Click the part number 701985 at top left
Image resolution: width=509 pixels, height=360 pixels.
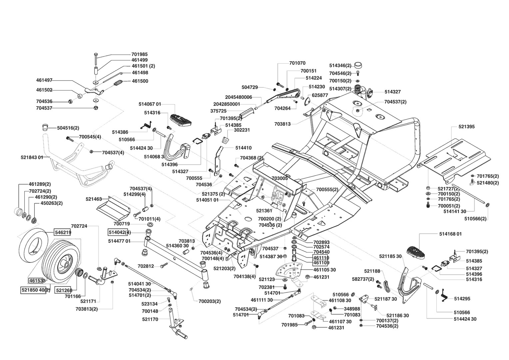(140, 54)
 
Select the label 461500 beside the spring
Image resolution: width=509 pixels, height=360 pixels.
(140, 81)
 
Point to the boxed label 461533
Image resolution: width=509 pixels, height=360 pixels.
(37, 280)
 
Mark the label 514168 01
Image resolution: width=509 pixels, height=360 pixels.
(450, 234)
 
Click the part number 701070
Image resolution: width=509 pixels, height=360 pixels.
(297, 63)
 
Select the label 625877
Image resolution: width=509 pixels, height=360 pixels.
(320, 95)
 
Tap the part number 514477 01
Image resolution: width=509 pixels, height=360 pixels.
(119, 241)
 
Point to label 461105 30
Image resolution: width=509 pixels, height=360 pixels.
(324, 270)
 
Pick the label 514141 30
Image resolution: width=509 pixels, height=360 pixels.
(455, 211)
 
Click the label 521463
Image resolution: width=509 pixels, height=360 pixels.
(94, 199)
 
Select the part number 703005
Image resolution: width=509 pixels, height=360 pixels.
(279, 179)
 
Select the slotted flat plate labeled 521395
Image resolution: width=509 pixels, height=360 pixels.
(455, 160)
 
